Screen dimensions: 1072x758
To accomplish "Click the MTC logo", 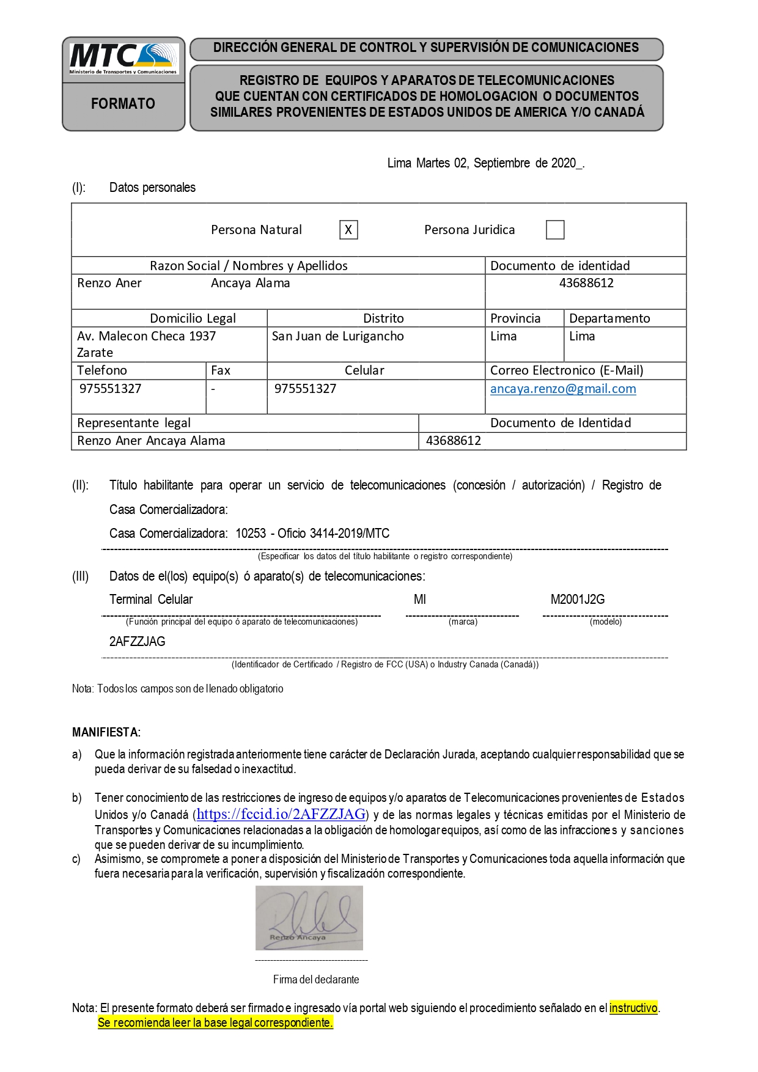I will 123,59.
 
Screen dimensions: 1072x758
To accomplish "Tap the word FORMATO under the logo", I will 123,104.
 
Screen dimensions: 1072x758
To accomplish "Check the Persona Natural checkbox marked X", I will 348,230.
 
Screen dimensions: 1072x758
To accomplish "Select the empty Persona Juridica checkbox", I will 555,230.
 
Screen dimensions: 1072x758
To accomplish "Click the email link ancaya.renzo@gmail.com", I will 563,389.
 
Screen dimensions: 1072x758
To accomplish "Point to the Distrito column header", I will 383,318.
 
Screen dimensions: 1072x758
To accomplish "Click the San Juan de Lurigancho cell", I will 338,336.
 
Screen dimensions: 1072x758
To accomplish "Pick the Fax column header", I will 221,370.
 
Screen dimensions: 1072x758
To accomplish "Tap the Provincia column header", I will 515,318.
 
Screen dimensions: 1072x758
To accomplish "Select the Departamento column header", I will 609,318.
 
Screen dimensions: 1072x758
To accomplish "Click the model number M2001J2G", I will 578,600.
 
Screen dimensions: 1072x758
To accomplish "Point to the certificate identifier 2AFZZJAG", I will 138,642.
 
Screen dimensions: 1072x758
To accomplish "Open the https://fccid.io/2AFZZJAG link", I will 281,814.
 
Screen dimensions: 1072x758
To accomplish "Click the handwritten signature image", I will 309,917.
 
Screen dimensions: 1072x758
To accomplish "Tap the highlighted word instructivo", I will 633,1008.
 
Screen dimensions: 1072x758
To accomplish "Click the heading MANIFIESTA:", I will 106,732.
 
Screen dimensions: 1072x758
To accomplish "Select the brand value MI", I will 420,600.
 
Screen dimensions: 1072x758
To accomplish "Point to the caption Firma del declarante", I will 316,980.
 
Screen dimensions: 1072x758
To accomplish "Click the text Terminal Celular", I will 151,600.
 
